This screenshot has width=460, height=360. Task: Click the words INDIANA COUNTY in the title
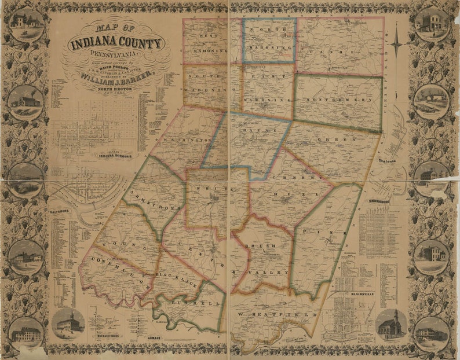(118, 44)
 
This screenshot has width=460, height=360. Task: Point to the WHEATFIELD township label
(276, 314)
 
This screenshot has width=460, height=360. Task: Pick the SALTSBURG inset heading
(60, 211)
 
